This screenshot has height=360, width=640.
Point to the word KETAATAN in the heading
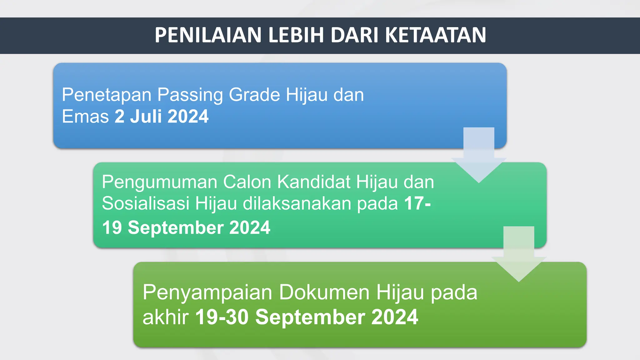click(x=436, y=35)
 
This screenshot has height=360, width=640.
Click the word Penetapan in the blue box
click(x=107, y=95)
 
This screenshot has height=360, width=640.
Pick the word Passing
click(x=190, y=95)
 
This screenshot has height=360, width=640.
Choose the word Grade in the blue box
click(x=254, y=95)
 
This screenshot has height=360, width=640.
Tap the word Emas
click(x=85, y=117)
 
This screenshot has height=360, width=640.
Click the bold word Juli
click(x=146, y=117)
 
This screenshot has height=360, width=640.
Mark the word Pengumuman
click(x=159, y=182)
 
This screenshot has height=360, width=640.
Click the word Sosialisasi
click(x=146, y=203)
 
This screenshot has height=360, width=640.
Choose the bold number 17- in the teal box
click(x=417, y=203)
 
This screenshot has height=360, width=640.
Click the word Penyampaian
click(x=207, y=293)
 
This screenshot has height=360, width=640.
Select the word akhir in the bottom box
click(x=166, y=317)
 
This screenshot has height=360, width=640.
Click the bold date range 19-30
click(x=222, y=317)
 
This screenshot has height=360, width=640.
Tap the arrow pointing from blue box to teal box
click(x=479, y=156)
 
